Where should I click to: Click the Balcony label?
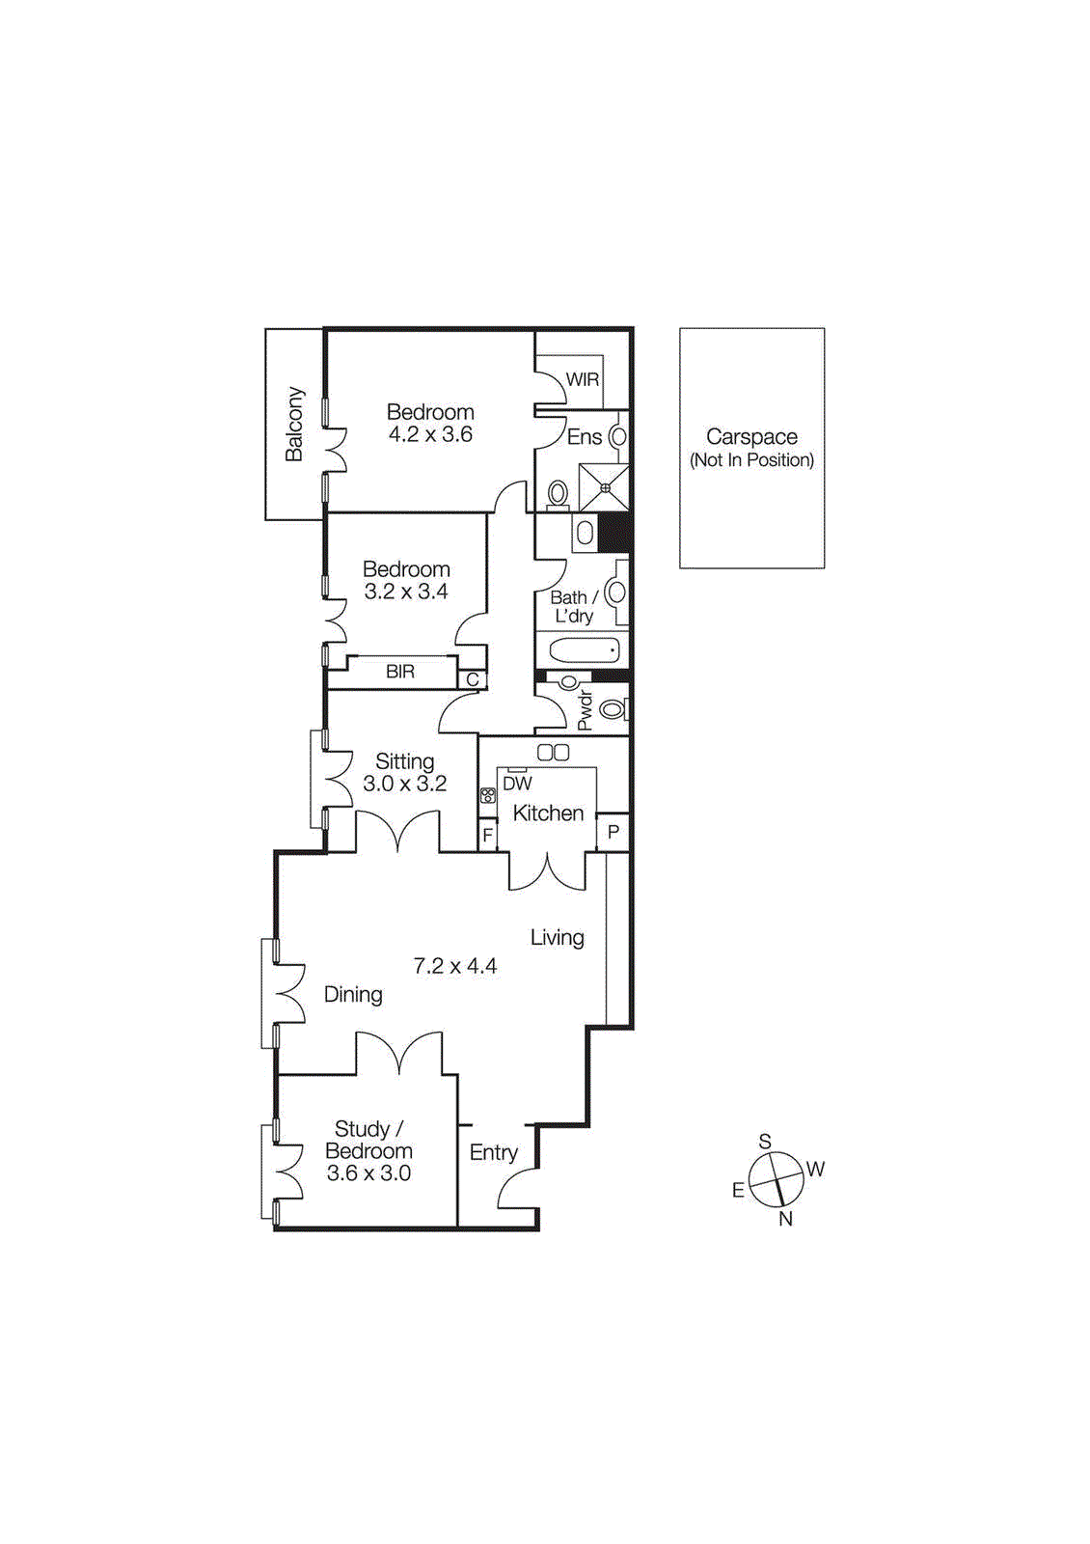coord(294,425)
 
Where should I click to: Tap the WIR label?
coord(582,379)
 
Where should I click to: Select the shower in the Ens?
coord(604,487)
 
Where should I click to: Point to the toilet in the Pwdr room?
coord(613,710)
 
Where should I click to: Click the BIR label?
coord(400,672)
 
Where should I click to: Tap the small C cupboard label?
coord(473,679)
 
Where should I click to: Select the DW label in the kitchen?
coord(518,784)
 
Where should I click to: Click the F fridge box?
coord(488,835)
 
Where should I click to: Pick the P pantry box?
coord(613,832)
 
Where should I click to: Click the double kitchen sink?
coord(554,752)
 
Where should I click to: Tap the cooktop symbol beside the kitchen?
coord(488,796)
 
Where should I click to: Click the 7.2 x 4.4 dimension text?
coord(455,966)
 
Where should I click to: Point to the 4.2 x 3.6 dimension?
coord(430,435)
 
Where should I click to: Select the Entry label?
coord(493,1152)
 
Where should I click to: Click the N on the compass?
coord(786,1219)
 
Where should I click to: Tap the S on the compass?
coord(765,1143)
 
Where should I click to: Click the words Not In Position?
coord(751,460)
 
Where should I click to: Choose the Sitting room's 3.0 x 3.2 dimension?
coord(404,784)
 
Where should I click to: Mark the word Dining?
coord(353,995)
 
